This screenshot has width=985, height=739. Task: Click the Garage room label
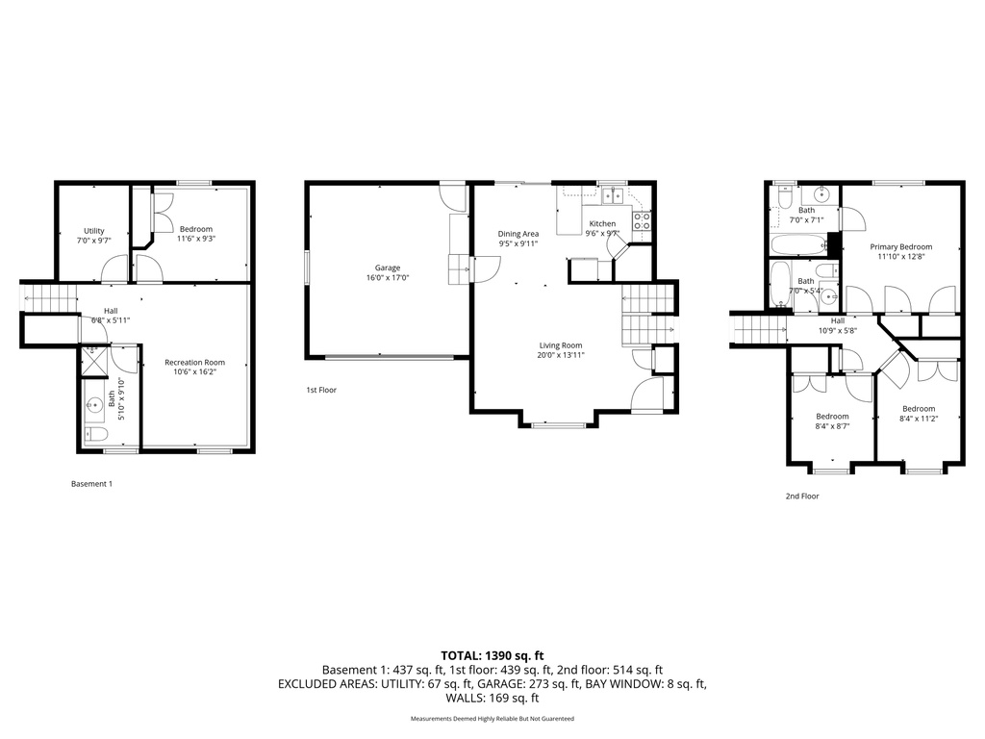[x=388, y=268]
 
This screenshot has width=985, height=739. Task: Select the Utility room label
[x=93, y=231]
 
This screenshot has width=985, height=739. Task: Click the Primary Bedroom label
[x=901, y=246]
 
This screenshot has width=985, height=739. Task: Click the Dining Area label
[x=518, y=234]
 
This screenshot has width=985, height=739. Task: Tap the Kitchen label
[x=602, y=223]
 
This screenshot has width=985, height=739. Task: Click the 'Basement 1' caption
[x=92, y=484]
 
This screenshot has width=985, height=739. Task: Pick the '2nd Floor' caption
[x=802, y=497]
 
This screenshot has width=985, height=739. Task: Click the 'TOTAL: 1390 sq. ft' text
[x=492, y=655]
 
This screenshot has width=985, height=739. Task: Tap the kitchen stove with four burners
[x=643, y=222]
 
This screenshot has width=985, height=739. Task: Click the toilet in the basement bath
[x=95, y=434]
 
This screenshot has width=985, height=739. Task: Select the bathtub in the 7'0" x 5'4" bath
[x=779, y=285]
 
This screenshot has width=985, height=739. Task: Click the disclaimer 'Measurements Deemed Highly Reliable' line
[x=492, y=719]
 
